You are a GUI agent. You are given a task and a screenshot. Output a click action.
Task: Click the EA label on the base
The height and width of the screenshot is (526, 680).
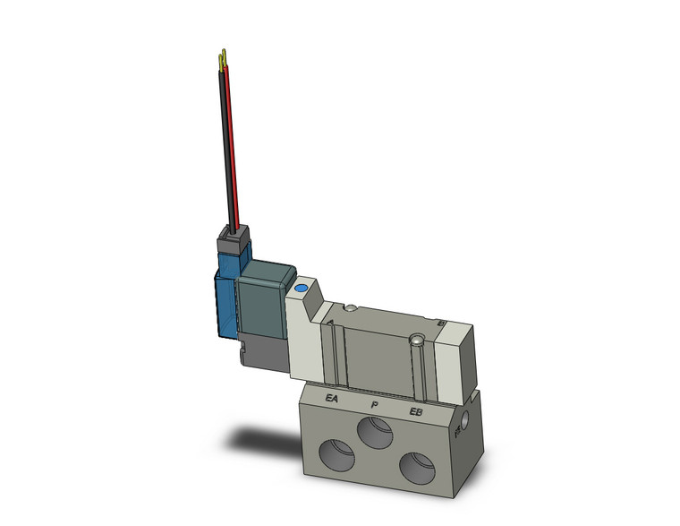click(x=332, y=400)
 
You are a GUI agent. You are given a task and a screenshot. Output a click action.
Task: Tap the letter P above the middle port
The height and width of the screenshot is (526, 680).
click(x=374, y=405)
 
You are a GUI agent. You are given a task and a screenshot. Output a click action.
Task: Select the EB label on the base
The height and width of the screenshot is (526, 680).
click(x=415, y=411)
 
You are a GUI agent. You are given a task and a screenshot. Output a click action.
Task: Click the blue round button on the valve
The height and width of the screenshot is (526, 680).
click(x=301, y=289)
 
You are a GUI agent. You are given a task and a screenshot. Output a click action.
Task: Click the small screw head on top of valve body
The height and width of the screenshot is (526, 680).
click(x=351, y=309)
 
